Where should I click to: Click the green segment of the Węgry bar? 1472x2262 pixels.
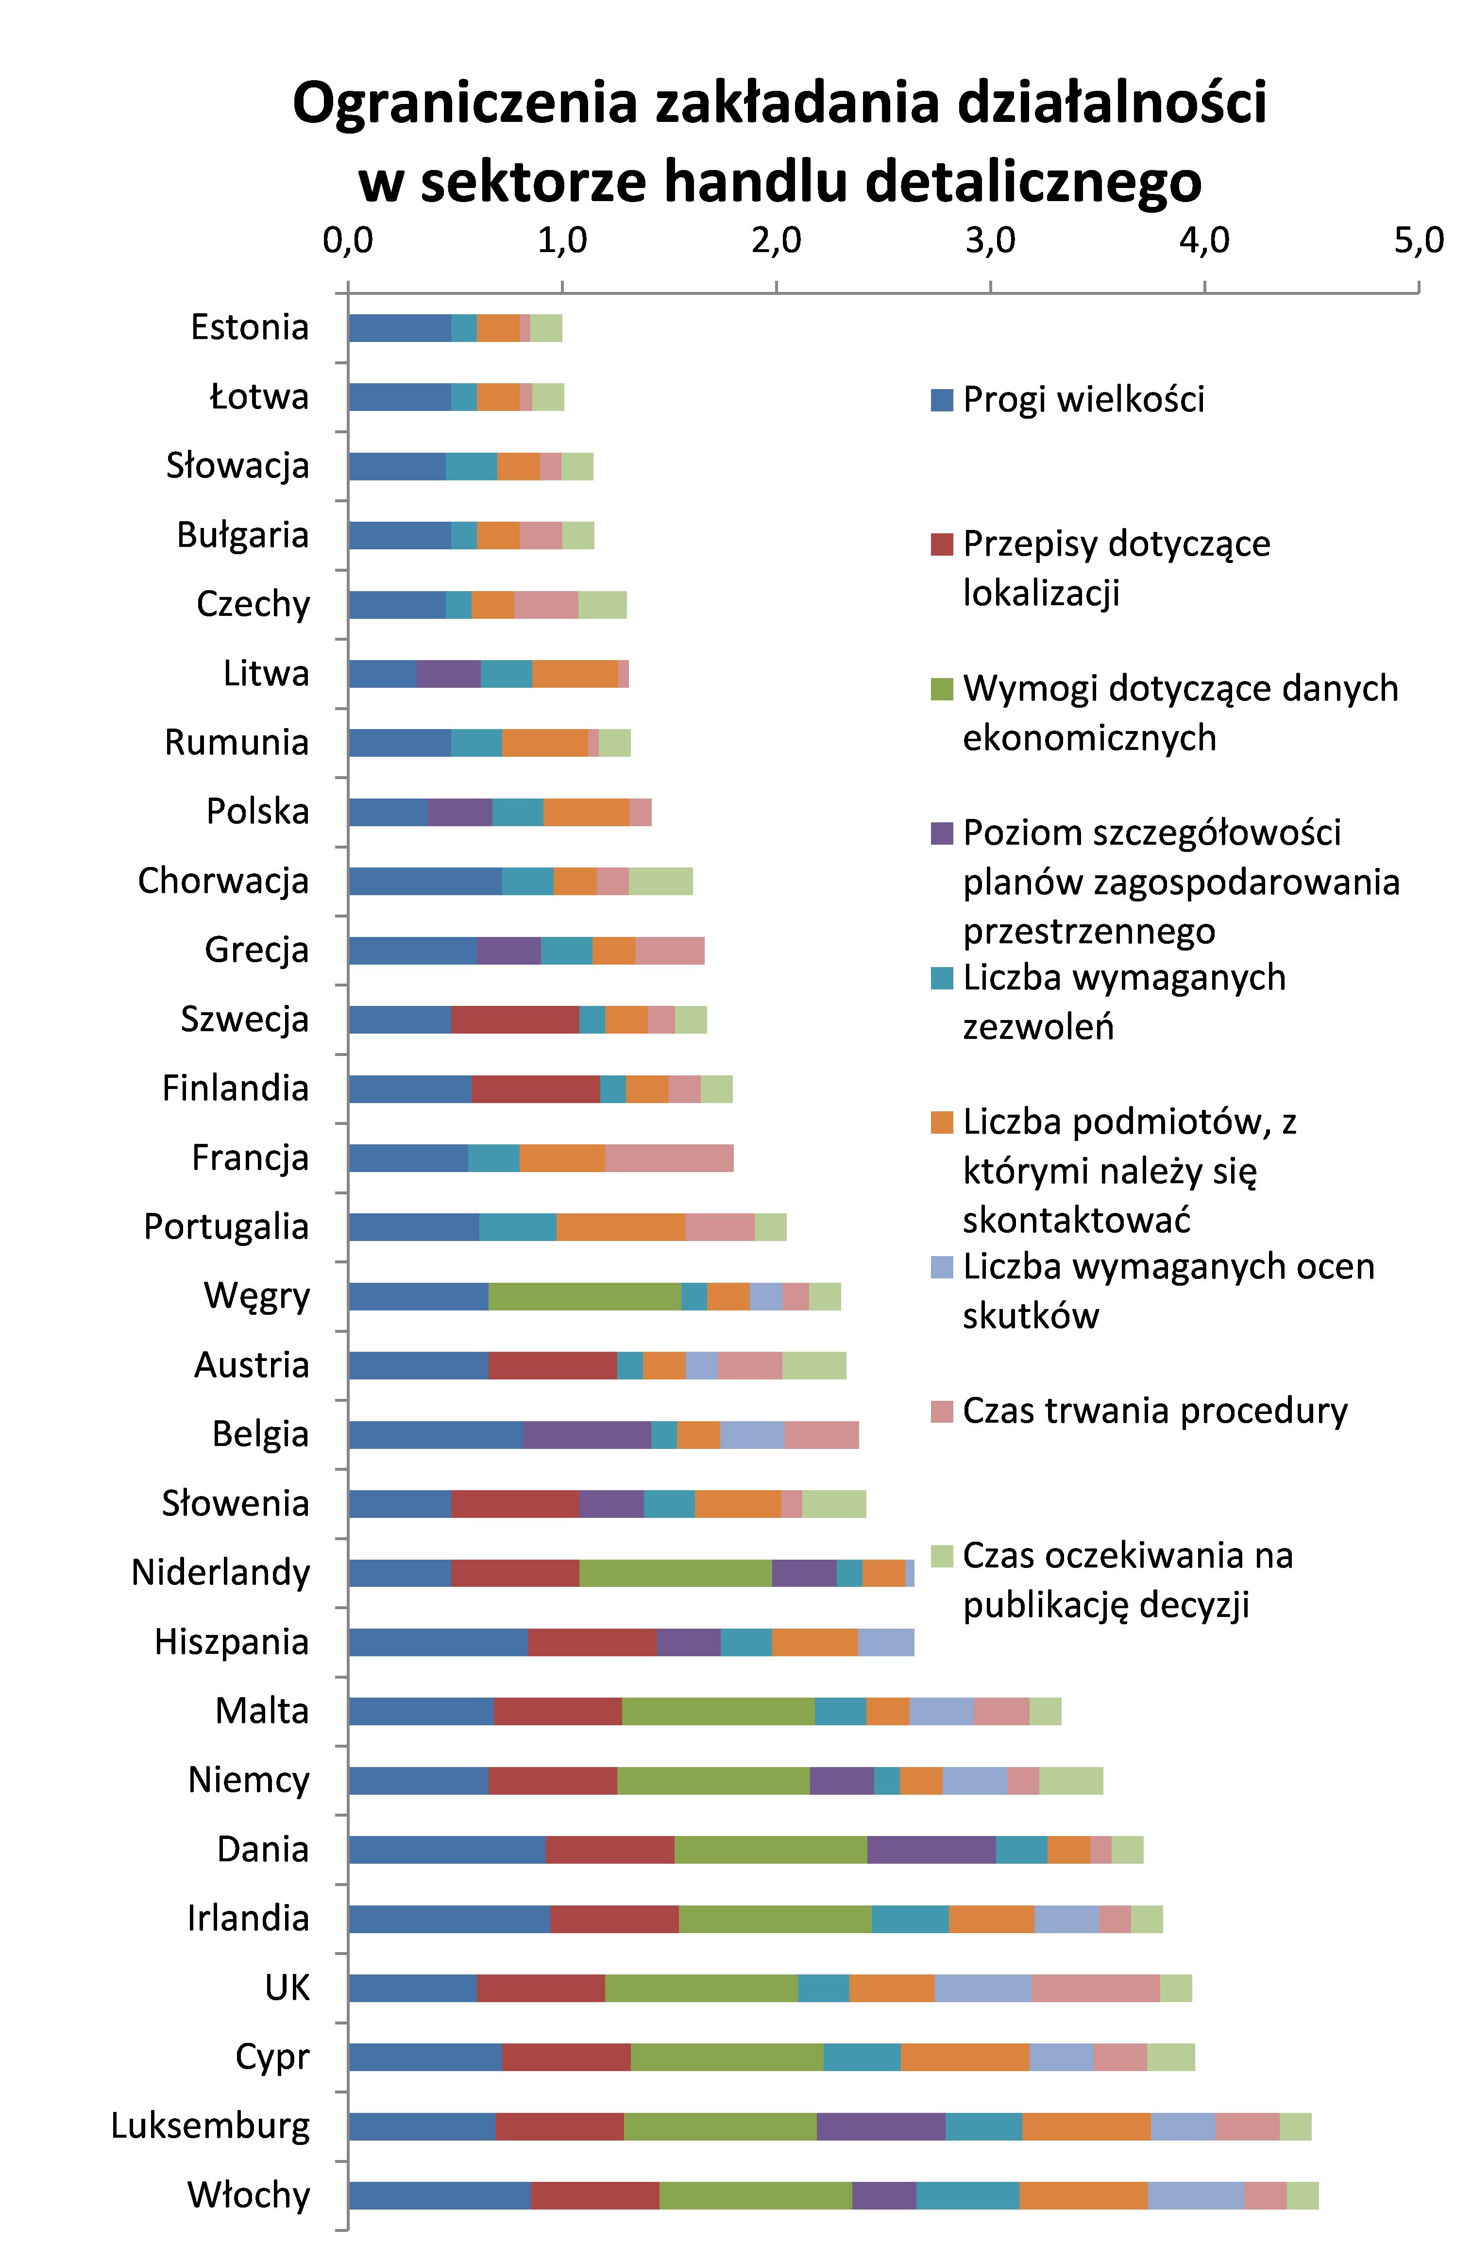584,1296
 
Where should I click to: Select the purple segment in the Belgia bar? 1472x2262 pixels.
586,1435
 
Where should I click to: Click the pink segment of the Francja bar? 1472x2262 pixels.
669,1158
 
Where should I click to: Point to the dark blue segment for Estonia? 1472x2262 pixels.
399,328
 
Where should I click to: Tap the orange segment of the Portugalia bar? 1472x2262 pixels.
621,1227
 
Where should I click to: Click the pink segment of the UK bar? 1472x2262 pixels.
1095,1988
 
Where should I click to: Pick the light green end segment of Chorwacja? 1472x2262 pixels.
660,881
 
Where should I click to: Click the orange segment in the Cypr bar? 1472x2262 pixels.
964,2058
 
